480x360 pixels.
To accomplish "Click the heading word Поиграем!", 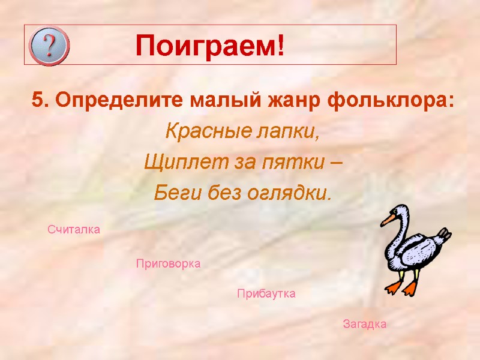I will coord(209,46).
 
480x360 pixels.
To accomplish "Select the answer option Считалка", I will coord(74,230).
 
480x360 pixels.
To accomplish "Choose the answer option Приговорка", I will coord(168,263).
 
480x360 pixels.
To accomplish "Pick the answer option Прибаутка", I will coord(266,294).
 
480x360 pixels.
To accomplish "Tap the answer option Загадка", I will coord(364,324).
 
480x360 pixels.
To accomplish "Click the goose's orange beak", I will coord(388,220).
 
